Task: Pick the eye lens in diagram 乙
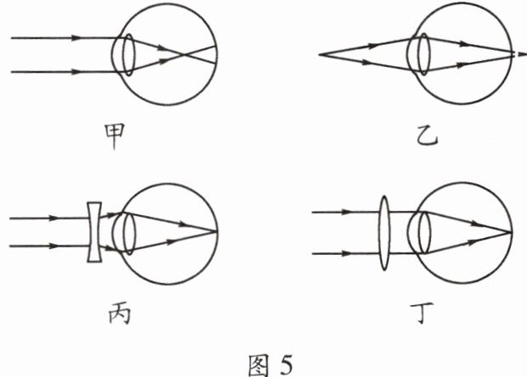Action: pyautogui.click(x=418, y=55)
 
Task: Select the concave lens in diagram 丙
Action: pyautogui.click(x=95, y=231)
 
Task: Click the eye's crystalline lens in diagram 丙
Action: pyautogui.click(x=128, y=231)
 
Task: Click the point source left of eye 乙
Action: pyautogui.click(x=320, y=55)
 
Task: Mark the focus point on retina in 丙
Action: pyautogui.click(x=216, y=230)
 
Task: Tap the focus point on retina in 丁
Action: pyautogui.click(x=512, y=231)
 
